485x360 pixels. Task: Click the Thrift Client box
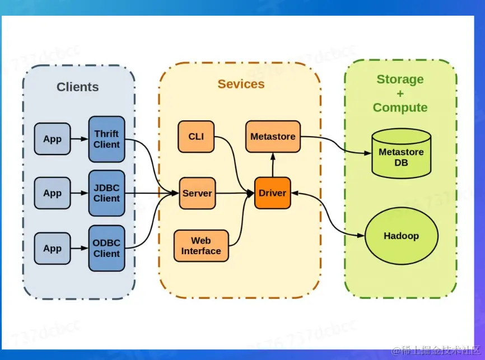tap(106, 139)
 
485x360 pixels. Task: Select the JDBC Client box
tap(106, 193)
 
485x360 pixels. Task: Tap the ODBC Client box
tap(106, 248)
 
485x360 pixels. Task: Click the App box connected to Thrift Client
tap(53, 139)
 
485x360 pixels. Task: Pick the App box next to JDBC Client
tap(53, 193)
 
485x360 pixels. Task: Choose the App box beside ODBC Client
tap(53, 248)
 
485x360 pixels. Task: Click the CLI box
tap(196, 137)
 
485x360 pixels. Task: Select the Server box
tap(197, 193)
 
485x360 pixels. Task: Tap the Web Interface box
tap(201, 246)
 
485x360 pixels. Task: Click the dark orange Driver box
tap(273, 193)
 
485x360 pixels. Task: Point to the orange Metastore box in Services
tap(273, 137)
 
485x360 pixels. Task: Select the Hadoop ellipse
tap(401, 236)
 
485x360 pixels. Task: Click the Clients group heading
tap(78, 87)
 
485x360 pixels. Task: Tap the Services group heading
tap(241, 84)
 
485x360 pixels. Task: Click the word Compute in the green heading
tap(400, 107)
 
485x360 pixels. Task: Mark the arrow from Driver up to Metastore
tap(273, 165)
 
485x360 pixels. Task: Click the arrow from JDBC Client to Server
tap(151, 193)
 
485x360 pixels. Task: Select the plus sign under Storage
tap(400, 93)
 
